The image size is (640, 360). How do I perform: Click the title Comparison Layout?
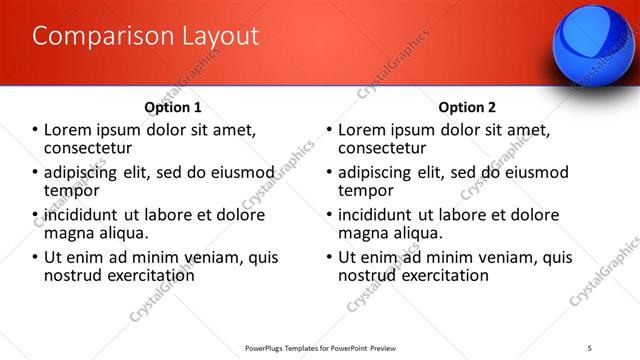click(146, 37)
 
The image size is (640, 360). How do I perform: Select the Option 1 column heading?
click(173, 107)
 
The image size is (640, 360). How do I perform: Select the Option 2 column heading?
click(467, 107)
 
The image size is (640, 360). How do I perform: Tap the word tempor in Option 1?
click(71, 190)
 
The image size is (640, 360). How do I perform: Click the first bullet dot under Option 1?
click(35, 130)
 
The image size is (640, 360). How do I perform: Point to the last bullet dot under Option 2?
click(329, 257)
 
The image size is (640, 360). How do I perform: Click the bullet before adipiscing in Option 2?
click(329, 172)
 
